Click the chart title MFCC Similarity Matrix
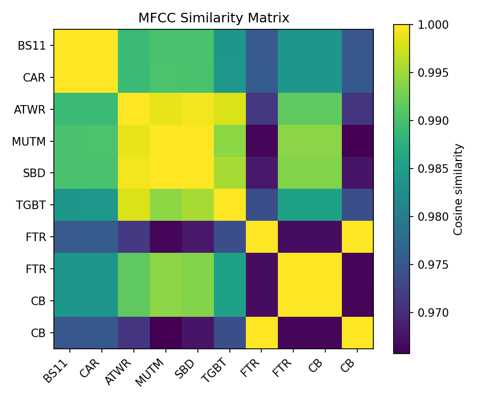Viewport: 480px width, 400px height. (213, 18)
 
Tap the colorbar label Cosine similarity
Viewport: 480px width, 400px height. (458, 189)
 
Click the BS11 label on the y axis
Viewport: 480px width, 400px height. (31, 45)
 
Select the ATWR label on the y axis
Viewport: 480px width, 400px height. (30, 109)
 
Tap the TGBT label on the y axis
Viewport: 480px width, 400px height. (31, 205)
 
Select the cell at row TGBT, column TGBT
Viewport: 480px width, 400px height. (230, 205)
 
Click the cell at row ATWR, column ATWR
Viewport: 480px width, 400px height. (134, 109)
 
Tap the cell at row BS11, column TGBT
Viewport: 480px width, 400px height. (230, 45)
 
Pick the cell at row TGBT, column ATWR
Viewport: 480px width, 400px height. (134, 205)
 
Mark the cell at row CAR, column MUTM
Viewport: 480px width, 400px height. (166, 77)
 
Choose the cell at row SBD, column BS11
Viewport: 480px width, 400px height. (70, 173)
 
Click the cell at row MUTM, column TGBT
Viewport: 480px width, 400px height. (230, 141)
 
